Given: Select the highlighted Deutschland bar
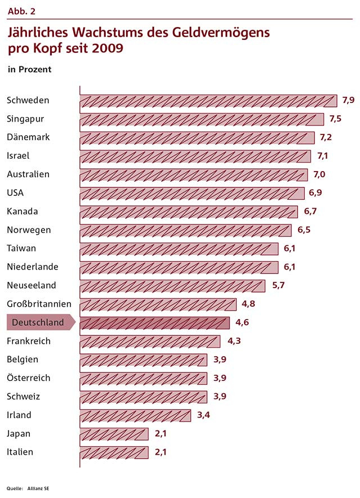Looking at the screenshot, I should (x=155, y=323).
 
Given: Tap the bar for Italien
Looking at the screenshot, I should (x=114, y=452).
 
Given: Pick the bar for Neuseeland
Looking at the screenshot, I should (x=172, y=286).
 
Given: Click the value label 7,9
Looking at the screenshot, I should (x=348, y=101).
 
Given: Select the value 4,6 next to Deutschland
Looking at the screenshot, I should (x=242, y=323).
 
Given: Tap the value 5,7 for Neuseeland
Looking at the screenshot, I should (x=278, y=286).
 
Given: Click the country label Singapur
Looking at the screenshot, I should (x=25, y=119).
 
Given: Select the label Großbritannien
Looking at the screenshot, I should (x=39, y=304).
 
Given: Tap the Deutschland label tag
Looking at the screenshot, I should (x=38, y=323).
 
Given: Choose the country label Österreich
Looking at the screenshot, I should (x=29, y=378).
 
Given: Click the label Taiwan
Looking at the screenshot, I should (x=21, y=249).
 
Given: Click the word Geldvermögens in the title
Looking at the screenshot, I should (x=217, y=33).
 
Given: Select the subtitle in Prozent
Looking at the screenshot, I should (x=29, y=70).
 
